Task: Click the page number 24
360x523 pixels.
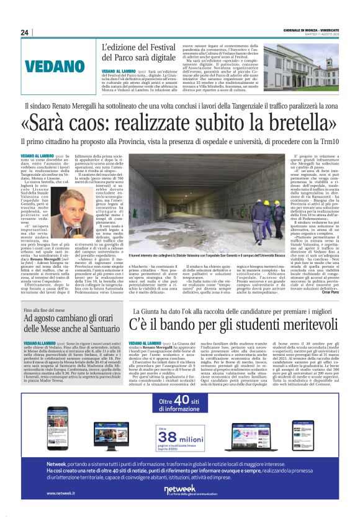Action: click(x=25, y=32)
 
